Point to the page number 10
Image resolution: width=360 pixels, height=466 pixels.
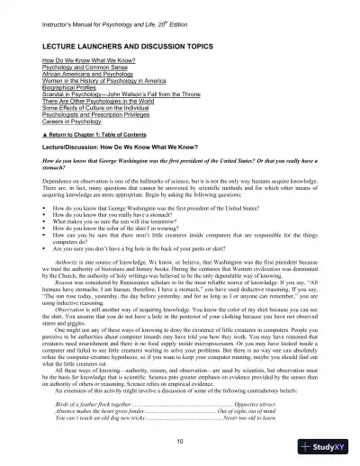180,441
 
